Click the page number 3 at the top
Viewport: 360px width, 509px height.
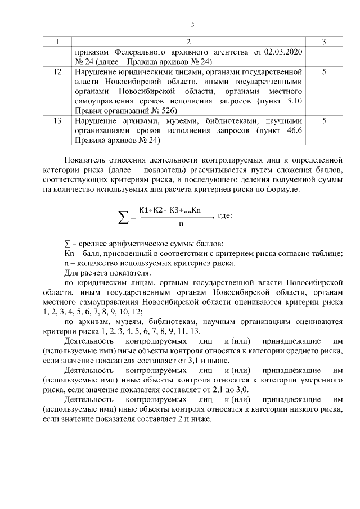coord(192,25)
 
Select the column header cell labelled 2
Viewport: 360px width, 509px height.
coord(188,42)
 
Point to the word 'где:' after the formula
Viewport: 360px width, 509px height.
coord(225,215)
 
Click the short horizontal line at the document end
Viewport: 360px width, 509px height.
coord(192,462)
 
